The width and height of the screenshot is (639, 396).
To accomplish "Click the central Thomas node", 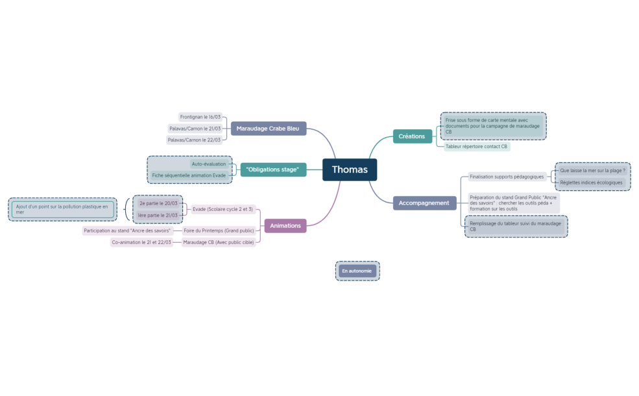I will pyautogui.click(x=350, y=169).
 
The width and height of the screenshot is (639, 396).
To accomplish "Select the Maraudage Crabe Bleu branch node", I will pyautogui.click(x=267, y=129).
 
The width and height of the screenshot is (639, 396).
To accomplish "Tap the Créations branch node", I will pyautogui.click(x=412, y=136).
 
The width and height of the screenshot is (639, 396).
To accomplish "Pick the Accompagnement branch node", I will pyautogui.click(x=424, y=203).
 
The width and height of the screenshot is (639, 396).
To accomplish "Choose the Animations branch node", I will pyautogui.click(x=285, y=225).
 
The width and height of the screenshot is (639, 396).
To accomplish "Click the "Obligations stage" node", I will pyautogui.click(x=273, y=169).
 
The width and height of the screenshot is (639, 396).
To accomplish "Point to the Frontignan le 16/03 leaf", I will pyautogui.click(x=200, y=117).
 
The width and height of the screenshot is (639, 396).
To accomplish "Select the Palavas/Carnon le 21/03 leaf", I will pyautogui.click(x=195, y=129).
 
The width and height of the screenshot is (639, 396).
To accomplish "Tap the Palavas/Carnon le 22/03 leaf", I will pyautogui.click(x=195, y=140).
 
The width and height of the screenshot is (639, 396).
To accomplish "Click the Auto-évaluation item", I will pyautogui.click(x=209, y=164).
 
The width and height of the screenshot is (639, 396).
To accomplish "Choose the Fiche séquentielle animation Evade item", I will pyautogui.click(x=189, y=175).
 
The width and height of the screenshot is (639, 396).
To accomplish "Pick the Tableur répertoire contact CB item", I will pyautogui.click(x=476, y=147).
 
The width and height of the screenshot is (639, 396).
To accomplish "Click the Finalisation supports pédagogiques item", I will pyautogui.click(x=507, y=177).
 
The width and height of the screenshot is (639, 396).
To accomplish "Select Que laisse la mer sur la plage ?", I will pyautogui.click(x=592, y=171).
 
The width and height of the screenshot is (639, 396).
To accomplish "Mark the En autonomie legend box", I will pyautogui.click(x=357, y=271).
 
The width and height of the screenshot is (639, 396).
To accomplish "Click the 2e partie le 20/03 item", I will pyautogui.click(x=158, y=203).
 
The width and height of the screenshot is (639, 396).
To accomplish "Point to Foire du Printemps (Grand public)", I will pyautogui.click(x=218, y=230).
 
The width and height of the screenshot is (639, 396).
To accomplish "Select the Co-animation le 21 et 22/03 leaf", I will pyautogui.click(x=141, y=242).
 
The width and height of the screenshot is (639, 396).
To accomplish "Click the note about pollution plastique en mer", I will pyautogui.click(x=62, y=209).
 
